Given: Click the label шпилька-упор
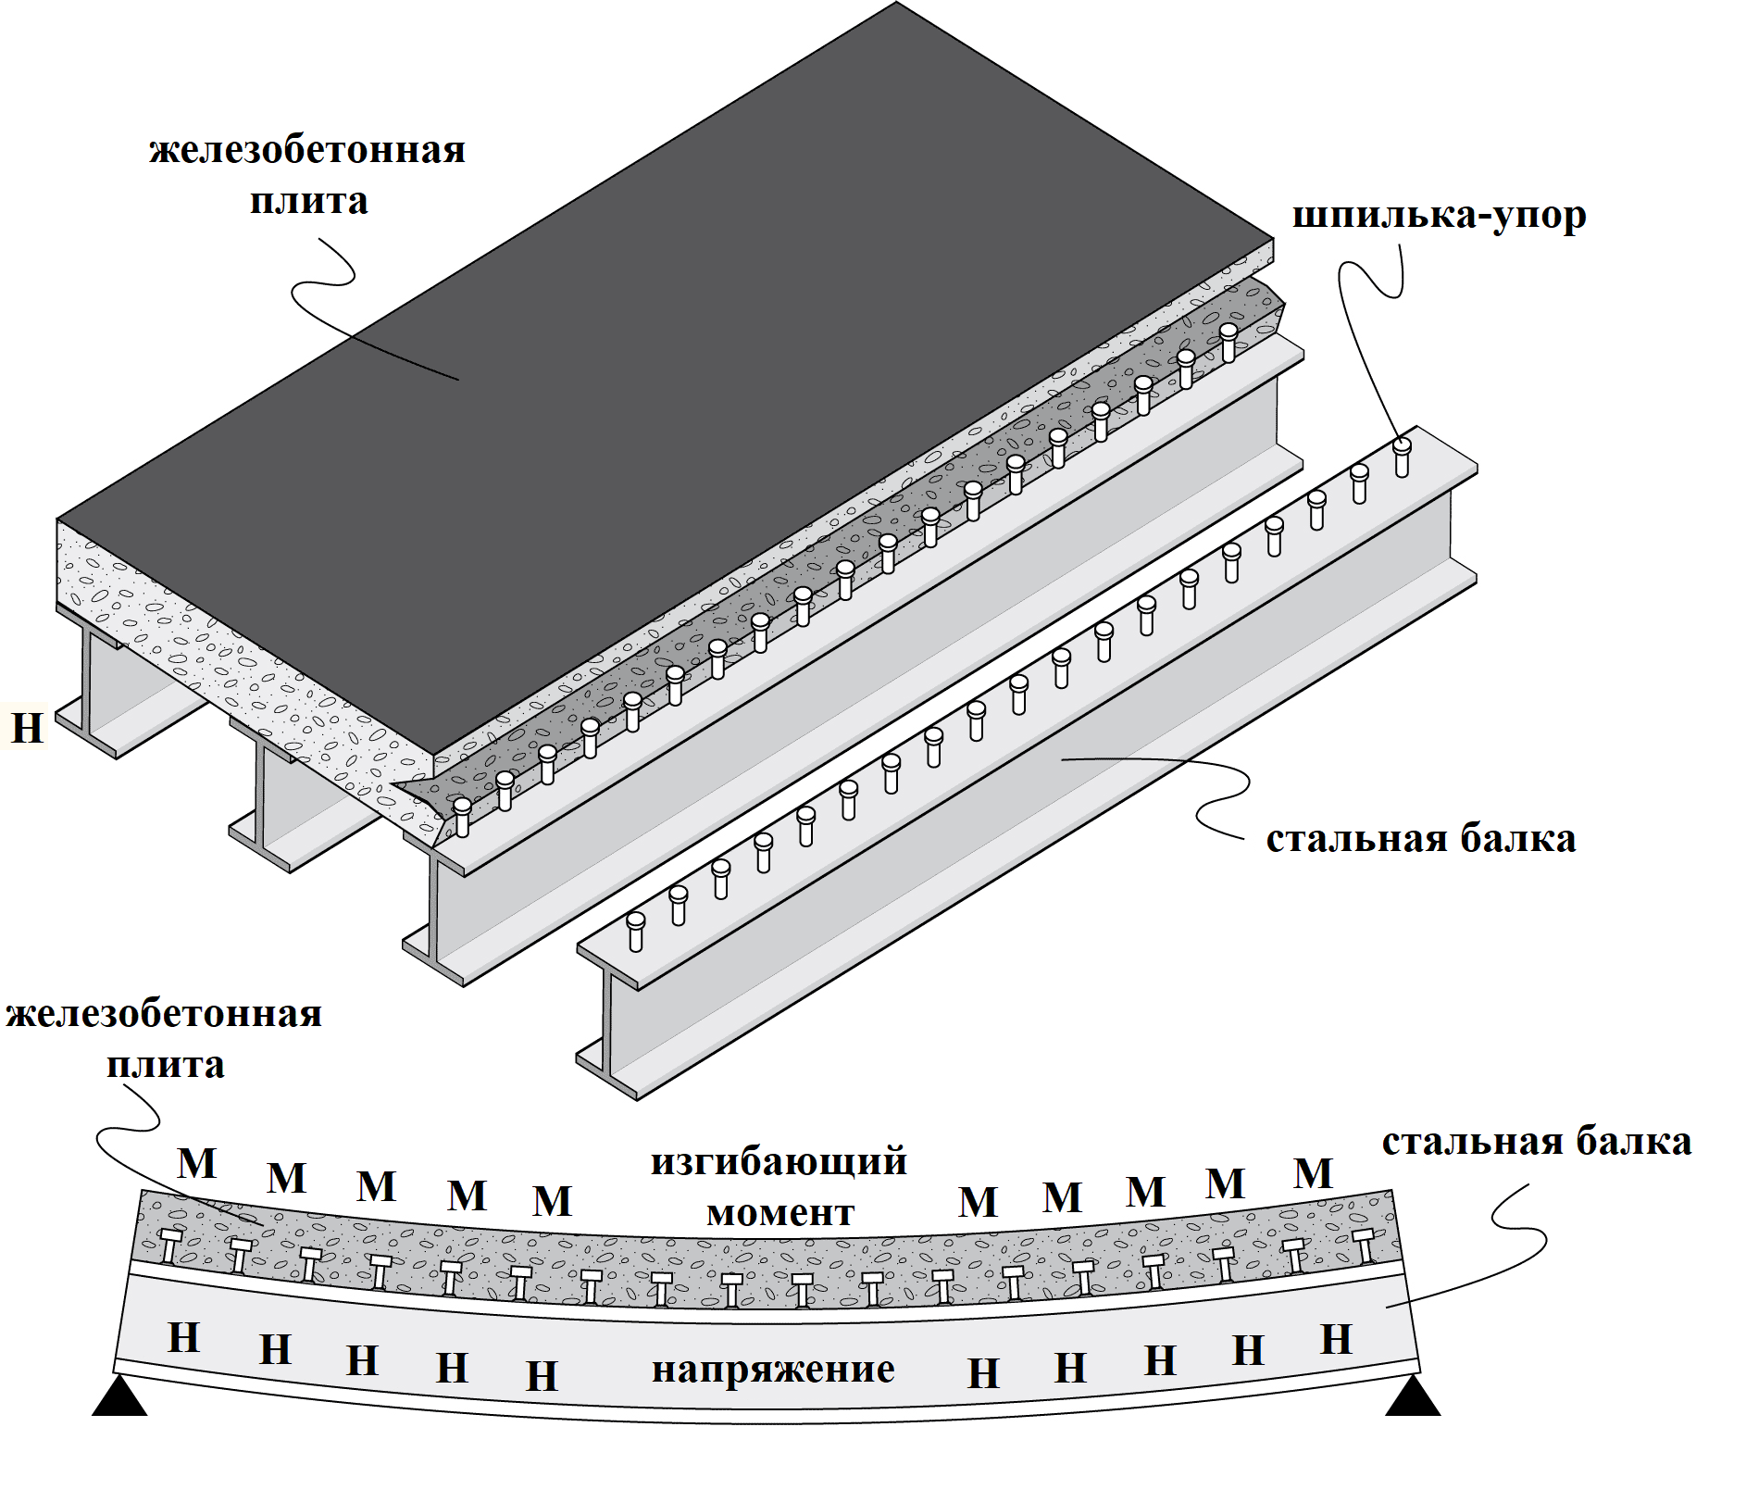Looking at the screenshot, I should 1439,215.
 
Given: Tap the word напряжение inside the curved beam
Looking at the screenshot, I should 773,1369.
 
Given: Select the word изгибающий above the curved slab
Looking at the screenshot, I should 779,1161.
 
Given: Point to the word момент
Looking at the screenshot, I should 779,1212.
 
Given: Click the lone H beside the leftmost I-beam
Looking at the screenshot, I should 27,727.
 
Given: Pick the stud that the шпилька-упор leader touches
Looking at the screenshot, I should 1402,457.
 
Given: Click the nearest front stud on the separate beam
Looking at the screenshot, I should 636,931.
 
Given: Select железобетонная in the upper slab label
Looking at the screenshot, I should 307,150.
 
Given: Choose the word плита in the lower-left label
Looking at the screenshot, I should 166,1065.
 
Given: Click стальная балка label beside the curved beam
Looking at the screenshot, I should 1537,1142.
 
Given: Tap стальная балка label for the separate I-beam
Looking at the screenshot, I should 1421,838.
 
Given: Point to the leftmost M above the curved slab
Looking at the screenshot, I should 197,1163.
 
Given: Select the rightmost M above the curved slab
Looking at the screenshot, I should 1313,1173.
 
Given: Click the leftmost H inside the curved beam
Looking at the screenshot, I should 184,1338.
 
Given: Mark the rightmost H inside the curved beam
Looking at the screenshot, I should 1336,1339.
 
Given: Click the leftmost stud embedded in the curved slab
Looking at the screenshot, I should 170,1245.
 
